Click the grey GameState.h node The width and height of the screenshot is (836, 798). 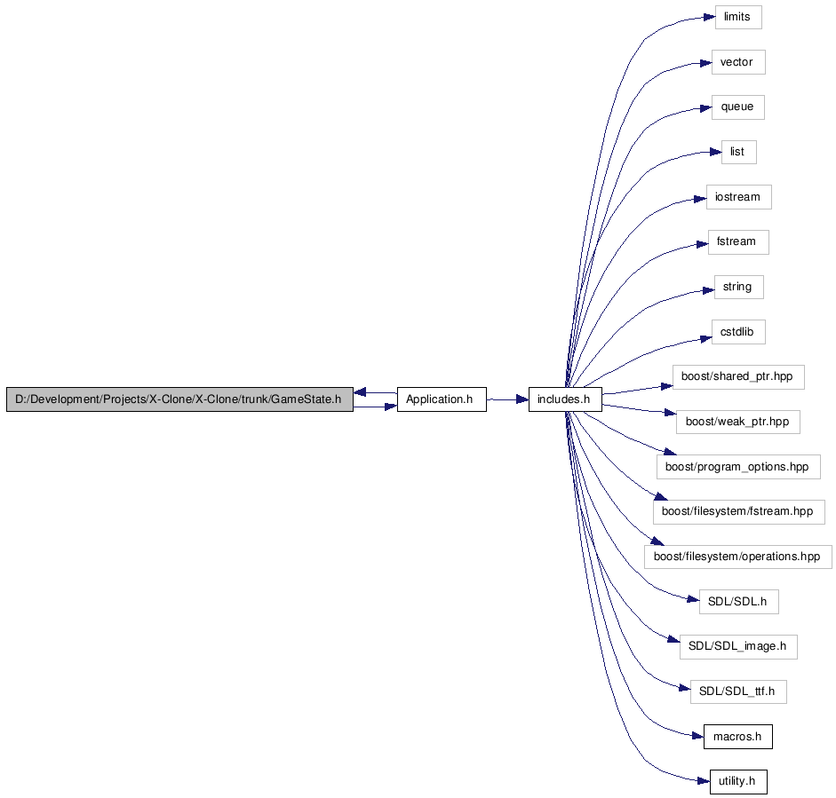(x=179, y=399)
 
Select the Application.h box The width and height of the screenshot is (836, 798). (x=442, y=399)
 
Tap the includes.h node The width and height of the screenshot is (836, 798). (x=565, y=399)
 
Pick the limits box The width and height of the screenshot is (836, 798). (x=738, y=17)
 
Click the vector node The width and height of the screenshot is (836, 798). (x=738, y=62)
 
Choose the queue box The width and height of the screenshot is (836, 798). (x=738, y=107)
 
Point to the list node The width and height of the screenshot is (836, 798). (x=739, y=153)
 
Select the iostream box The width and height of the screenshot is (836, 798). (x=739, y=197)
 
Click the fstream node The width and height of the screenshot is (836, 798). (x=738, y=242)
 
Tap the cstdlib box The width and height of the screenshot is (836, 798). (x=738, y=332)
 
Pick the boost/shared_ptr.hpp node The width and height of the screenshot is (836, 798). (x=738, y=377)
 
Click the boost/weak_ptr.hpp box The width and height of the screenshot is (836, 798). (x=738, y=422)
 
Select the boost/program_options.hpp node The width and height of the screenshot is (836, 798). (x=738, y=467)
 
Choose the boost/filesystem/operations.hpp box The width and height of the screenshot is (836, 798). (x=738, y=557)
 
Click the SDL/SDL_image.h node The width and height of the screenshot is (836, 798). (x=738, y=647)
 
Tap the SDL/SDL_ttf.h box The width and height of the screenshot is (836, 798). (x=738, y=691)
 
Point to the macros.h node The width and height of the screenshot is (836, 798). (x=738, y=737)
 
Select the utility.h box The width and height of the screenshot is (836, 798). (x=738, y=781)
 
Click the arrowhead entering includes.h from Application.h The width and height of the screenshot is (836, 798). (x=522, y=399)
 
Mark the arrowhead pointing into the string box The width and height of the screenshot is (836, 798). (x=708, y=290)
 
